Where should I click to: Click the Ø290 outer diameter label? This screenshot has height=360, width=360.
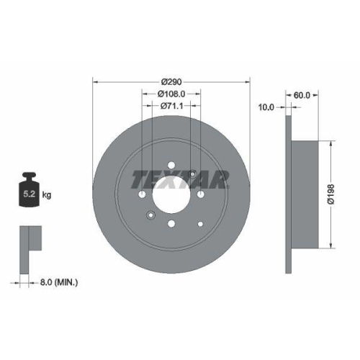(x=171, y=81)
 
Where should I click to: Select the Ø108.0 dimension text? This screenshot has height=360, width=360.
(x=171, y=94)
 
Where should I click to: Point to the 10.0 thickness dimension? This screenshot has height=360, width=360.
(x=266, y=107)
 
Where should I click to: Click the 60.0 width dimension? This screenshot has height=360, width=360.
(x=303, y=94)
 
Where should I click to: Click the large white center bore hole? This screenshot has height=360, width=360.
(x=171, y=194)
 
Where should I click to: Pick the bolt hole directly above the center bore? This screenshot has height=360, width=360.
(x=171, y=166)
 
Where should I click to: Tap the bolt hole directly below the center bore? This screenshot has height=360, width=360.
(x=171, y=224)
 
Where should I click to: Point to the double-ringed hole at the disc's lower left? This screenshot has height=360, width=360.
(x=150, y=215)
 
